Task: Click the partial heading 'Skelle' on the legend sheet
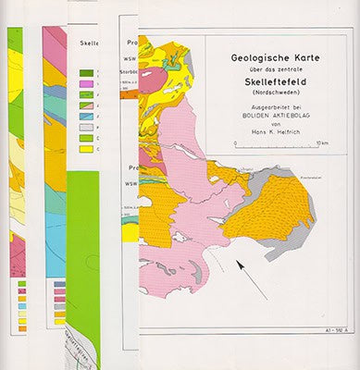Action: (x=91, y=43)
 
